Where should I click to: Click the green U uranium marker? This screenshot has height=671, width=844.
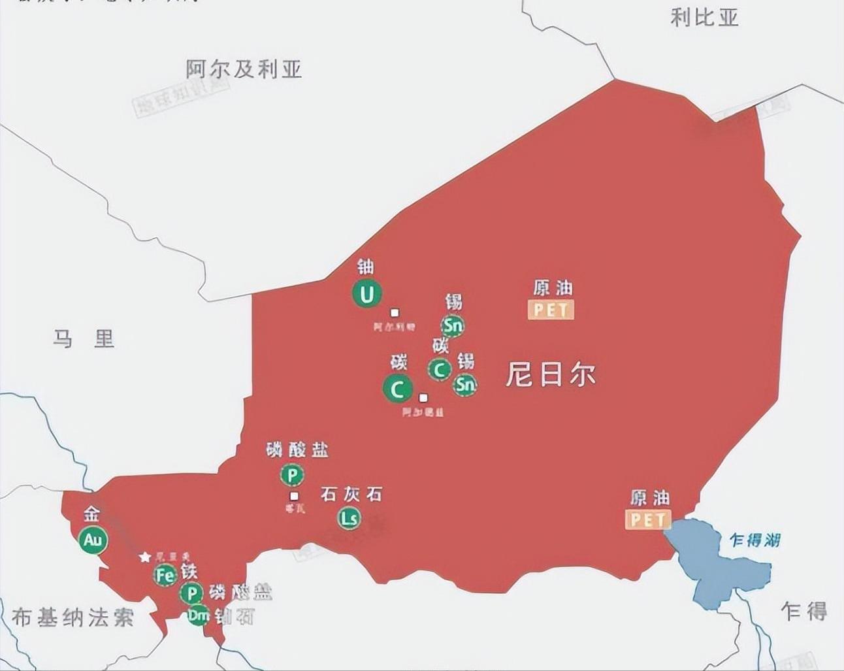point(367,295)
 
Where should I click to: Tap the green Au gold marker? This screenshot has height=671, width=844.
point(93,540)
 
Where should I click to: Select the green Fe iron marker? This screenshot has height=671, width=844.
point(166,575)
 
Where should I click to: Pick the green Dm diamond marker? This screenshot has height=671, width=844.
point(199,615)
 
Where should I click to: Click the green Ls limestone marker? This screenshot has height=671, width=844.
point(349,519)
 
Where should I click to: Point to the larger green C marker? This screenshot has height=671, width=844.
point(397,389)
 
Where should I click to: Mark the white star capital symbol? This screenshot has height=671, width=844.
point(145,557)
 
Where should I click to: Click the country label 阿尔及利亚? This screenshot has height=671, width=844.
point(244,69)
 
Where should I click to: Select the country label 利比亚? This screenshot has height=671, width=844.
point(704,18)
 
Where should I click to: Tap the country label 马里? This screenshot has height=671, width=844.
point(84,339)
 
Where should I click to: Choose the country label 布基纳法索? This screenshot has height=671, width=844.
point(73,617)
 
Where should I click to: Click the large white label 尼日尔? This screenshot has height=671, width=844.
point(550,375)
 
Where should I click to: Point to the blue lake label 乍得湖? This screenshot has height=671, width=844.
point(755,540)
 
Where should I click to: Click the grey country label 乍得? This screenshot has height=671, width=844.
point(804,611)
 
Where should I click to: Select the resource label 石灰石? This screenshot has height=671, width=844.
point(351,495)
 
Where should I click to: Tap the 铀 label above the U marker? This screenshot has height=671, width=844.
point(366,267)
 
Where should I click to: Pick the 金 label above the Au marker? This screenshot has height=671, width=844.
point(91,514)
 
